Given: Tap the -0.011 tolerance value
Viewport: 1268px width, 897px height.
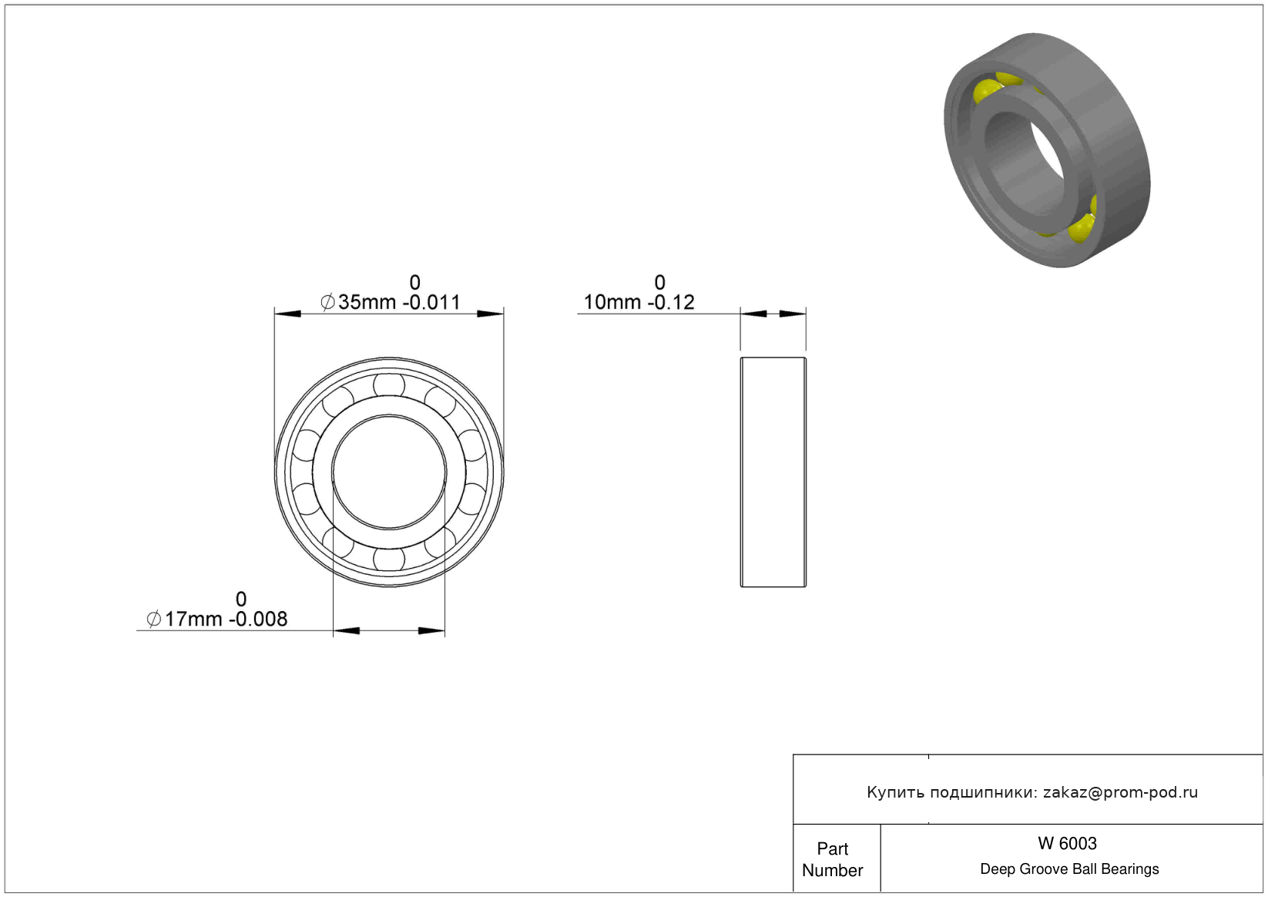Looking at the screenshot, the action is coord(431,302).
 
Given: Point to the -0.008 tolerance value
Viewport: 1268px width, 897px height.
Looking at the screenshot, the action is coord(258,619).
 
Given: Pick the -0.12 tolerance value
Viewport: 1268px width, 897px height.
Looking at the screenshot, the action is coord(671,302).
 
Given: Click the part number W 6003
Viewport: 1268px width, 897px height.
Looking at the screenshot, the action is coord(1067,843).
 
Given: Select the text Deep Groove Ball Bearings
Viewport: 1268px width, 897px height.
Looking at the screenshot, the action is coord(1069,868).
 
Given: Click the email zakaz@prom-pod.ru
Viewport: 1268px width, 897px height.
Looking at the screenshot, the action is coord(1120,792).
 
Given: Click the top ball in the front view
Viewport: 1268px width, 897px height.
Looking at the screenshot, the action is coord(389,385).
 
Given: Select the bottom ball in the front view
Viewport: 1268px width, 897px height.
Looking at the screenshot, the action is coord(389,559).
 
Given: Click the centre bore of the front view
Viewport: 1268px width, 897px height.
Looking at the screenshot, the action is coord(389,472).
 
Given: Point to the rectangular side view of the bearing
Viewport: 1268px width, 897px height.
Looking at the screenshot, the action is coord(773,472).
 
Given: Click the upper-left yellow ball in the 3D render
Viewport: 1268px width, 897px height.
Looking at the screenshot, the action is coord(988,92).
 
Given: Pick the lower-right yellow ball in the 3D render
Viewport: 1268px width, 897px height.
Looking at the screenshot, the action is coord(1082,227).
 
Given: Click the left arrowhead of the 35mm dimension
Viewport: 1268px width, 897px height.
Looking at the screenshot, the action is coord(287,314).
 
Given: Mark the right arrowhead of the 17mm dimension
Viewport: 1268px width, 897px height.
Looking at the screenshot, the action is coord(431,631).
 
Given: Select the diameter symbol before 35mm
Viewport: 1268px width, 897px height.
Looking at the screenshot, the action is coord(327,302).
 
